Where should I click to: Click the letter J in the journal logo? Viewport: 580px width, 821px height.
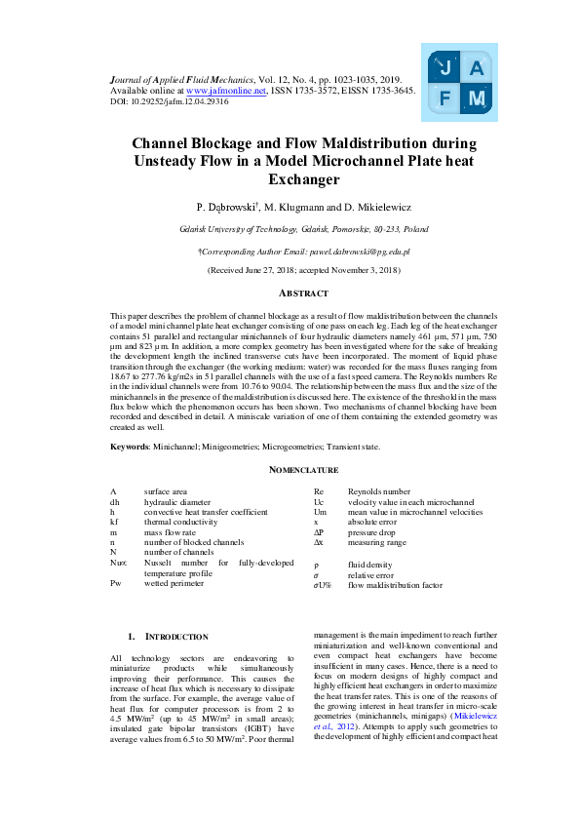pos(445,68)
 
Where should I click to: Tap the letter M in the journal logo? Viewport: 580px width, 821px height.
pos(476,98)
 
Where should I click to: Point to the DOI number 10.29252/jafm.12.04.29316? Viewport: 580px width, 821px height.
pos(174,100)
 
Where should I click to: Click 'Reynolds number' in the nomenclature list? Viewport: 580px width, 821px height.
pos(379,492)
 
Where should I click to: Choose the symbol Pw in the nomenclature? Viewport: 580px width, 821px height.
pos(116,583)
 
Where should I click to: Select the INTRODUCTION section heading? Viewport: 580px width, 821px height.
pos(171,637)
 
